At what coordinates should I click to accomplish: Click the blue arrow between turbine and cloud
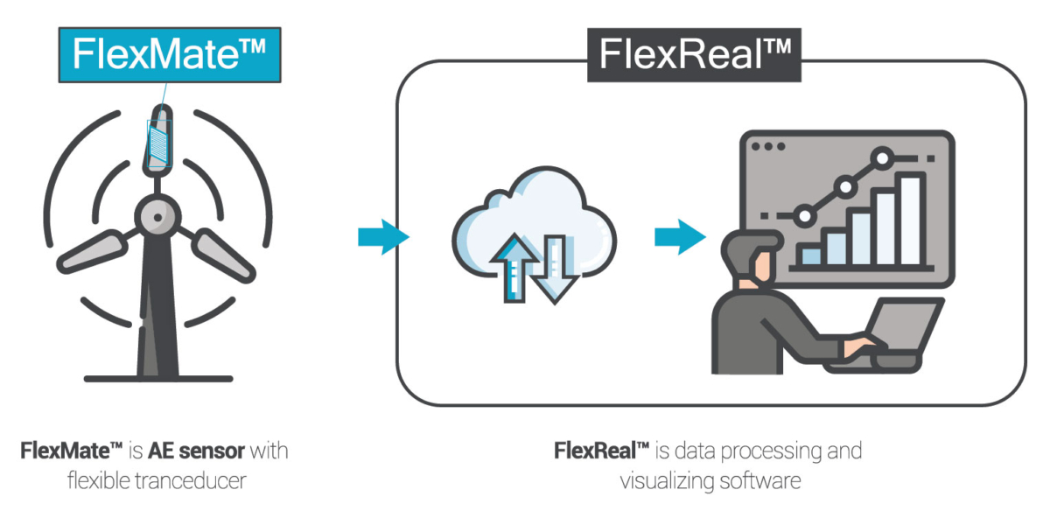[x=382, y=236]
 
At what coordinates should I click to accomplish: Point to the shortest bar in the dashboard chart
[x=810, y=255]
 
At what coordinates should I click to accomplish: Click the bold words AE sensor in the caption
[x=196, y=452]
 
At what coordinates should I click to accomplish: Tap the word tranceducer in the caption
[x=194, y=481]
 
